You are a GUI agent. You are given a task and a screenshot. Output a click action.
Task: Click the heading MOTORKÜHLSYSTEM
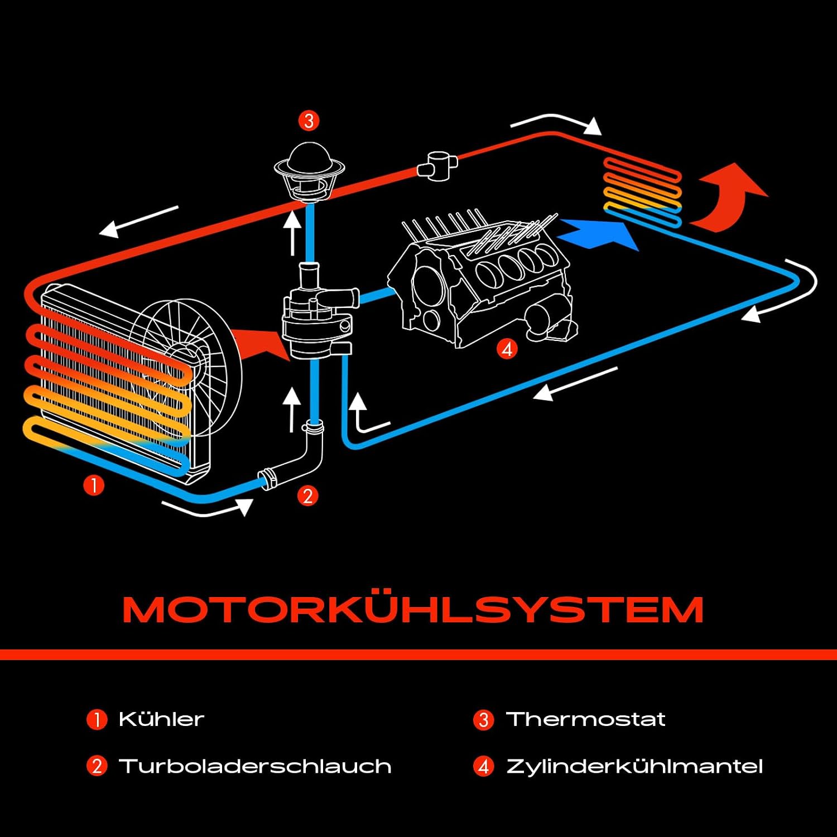[413, 609]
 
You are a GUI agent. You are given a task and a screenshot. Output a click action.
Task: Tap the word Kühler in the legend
[161, 719]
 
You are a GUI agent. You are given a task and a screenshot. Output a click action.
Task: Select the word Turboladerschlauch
[255, 766]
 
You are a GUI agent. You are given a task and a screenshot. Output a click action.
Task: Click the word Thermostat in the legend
[585, 719]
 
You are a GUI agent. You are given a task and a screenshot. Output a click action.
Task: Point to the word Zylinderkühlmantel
[634, 766]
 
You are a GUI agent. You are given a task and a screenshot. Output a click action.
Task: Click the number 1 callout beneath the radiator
[94, 485]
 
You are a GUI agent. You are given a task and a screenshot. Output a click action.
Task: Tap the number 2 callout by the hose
[307, 496]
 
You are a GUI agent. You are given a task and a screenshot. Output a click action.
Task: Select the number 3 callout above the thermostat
[309, 121]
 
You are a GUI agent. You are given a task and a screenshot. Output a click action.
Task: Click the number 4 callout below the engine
[507, 349]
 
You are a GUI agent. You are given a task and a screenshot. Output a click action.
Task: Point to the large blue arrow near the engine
[600, 234]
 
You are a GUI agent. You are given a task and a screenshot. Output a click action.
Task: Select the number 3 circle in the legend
[483, 720]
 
